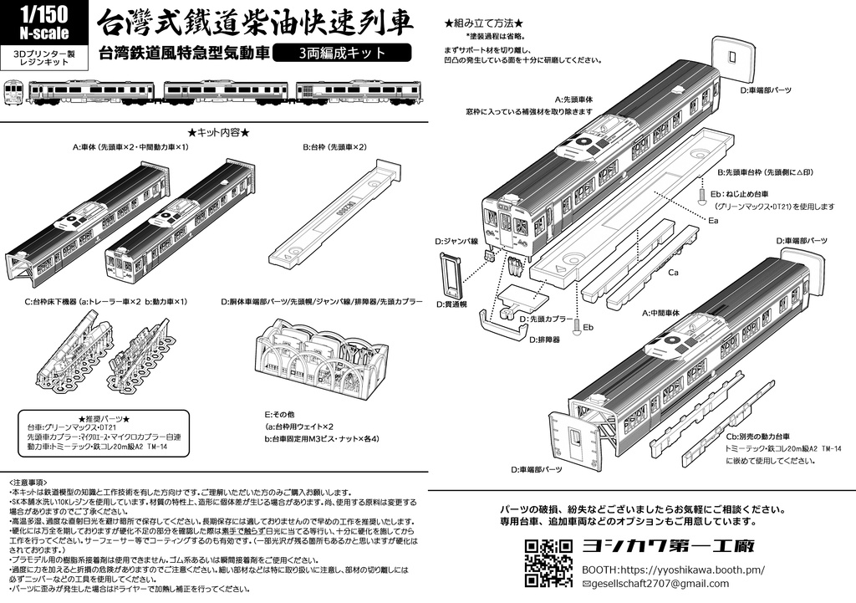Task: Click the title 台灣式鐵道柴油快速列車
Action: [255, 23]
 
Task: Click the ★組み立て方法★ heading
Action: [484, 23]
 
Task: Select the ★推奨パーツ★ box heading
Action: [103, 417]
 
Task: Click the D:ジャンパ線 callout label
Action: [456, 241]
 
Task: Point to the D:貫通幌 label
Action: [454, 305]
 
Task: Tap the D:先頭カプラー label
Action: [547, 319]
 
